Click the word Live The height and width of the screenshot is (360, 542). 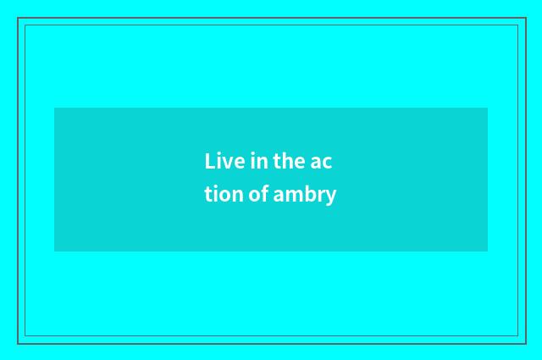(x=222, y=161)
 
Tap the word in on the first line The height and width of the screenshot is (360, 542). (x=257, y=161)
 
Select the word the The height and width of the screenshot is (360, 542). (x=288, y=161)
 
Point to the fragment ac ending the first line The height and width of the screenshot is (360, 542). (x=321, y=161)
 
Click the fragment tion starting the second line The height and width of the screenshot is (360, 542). (x=224, y=195)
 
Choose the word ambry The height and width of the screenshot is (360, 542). (x=305, y=195)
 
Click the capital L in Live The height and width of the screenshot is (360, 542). (x=209, y=161)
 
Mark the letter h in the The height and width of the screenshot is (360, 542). (x=285, y=160)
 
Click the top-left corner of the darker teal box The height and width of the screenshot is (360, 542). (x=54, y=108)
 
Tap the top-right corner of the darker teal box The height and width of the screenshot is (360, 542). (x=488, y=108)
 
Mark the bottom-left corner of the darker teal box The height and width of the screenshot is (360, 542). (x=54, y=252)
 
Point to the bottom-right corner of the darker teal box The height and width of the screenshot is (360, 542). (x=488, y=252)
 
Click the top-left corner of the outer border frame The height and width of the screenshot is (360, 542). (x=18, y=18)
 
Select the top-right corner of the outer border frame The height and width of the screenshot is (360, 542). (x=525, y=18)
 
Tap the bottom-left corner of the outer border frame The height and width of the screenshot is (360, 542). (x=18, y=343)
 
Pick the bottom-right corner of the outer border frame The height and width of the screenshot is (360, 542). (x=525, y=343)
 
